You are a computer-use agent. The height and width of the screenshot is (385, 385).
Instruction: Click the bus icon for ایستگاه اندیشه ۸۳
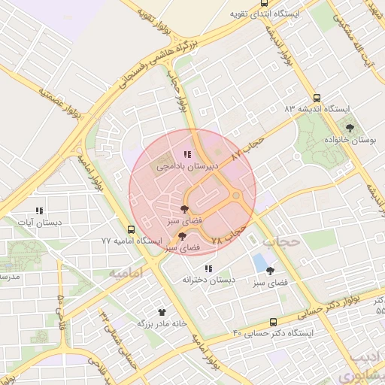317,97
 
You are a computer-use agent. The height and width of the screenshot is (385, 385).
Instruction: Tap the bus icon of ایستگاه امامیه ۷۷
132,229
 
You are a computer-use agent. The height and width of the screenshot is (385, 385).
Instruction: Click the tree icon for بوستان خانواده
350,128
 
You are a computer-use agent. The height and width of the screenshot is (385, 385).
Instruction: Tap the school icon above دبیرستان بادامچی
186,154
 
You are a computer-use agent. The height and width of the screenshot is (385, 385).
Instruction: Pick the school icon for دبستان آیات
39,211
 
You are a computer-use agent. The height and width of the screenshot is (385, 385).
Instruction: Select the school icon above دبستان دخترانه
208,268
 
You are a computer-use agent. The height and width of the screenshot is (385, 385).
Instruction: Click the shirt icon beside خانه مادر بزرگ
161,311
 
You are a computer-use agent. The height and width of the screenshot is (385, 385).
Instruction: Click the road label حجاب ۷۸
229,235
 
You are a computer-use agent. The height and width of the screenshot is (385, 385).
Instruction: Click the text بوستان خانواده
349,140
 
